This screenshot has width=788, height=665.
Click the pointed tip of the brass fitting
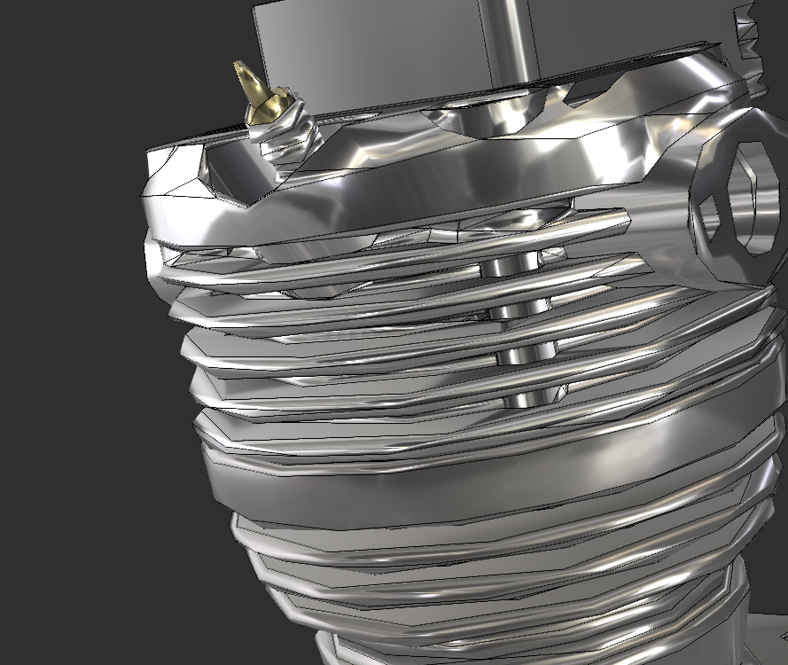pos(238,66)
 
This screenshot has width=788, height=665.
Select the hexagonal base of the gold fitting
pos(266,112)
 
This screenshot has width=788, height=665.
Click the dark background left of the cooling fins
pos(80,399)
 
